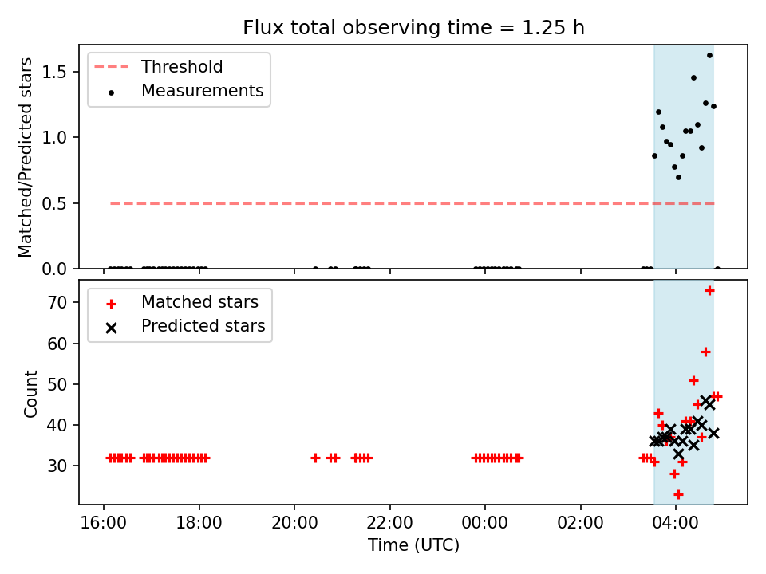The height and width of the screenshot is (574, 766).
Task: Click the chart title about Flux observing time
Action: click(x=413, y=28)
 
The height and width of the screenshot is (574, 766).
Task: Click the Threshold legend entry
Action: click(x=159, y=66)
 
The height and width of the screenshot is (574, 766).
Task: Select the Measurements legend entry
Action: click(x=179, y=91)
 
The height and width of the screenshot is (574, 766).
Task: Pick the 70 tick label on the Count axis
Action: click(x=57, y=303)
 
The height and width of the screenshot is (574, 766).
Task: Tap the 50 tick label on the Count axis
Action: click(x=57, y=384)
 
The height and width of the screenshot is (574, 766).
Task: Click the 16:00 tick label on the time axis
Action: click(x=104, y=523)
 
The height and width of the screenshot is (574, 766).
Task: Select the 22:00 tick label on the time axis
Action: click(x=390, y=523)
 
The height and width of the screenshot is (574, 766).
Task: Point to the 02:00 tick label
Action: click(x=580, y=523)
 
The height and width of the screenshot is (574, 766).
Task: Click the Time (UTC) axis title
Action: click(x=413, y=545)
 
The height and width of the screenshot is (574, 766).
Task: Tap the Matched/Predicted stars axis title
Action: click(x=26, y=157)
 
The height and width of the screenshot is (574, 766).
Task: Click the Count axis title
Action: click(x=30, y=393)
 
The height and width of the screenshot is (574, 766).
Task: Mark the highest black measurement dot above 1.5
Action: click(x=709, y=56)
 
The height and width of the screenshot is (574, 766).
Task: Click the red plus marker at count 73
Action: click(x=709, y=291)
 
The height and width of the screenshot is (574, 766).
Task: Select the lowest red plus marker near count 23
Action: click(x=678, y=495)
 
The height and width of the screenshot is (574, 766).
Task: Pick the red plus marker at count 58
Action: click(x=705, y=352)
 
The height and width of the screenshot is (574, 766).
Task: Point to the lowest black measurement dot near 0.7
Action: click(x=678, y=177)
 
